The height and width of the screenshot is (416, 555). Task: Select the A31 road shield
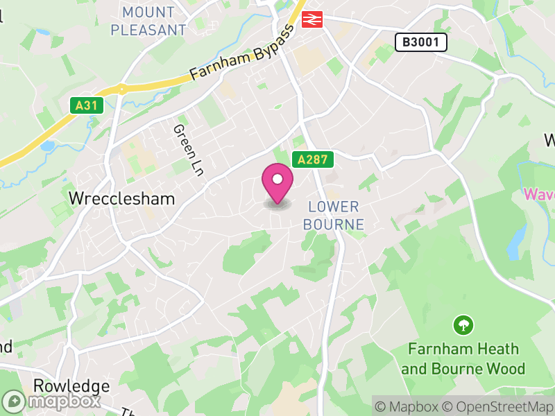85,105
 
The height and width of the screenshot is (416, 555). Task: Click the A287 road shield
313,159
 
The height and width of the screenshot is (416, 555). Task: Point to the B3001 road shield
421,42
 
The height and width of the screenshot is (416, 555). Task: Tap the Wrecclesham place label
121,198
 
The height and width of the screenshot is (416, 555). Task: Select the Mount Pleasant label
148,21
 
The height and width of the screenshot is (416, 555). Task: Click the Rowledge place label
71,385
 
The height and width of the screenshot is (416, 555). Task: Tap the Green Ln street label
188,150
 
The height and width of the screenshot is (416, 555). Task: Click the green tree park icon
463,324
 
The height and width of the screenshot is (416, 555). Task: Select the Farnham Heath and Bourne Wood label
463,358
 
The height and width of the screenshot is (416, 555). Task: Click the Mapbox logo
52,401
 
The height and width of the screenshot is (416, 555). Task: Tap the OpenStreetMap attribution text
498,406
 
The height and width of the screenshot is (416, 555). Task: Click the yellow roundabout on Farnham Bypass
122,89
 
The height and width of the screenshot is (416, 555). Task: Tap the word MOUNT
148,12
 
